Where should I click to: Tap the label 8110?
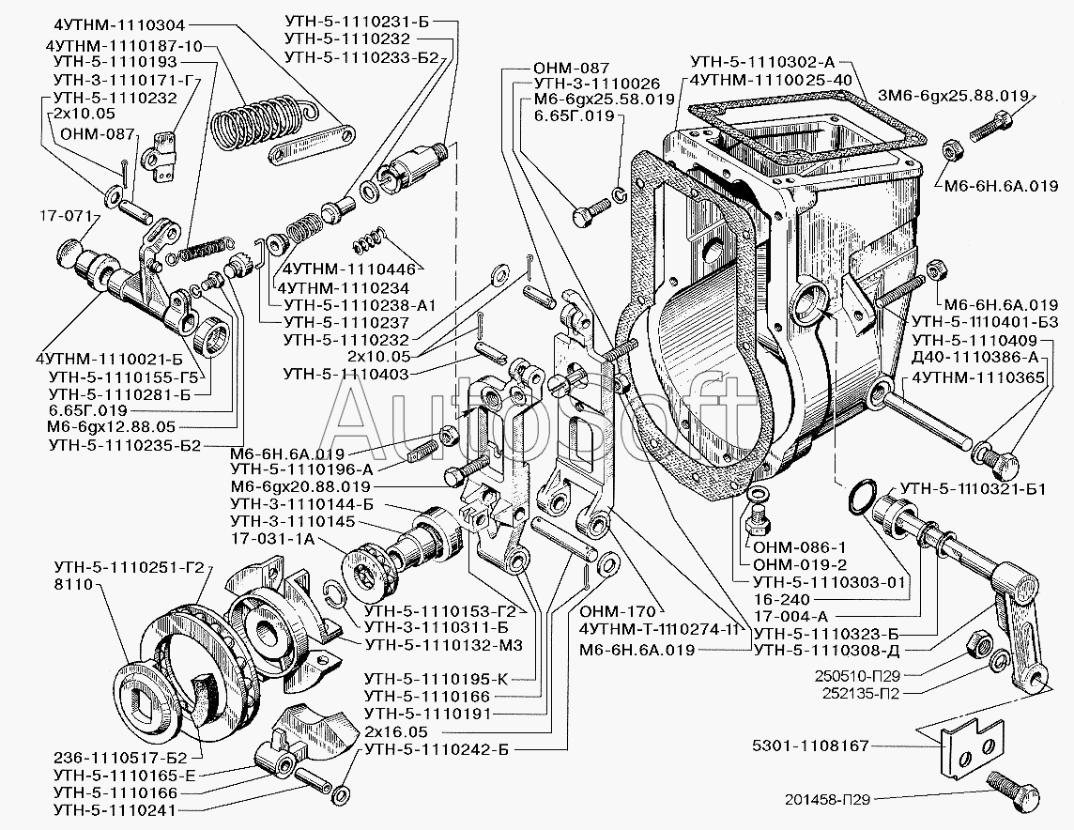(75, 583)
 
